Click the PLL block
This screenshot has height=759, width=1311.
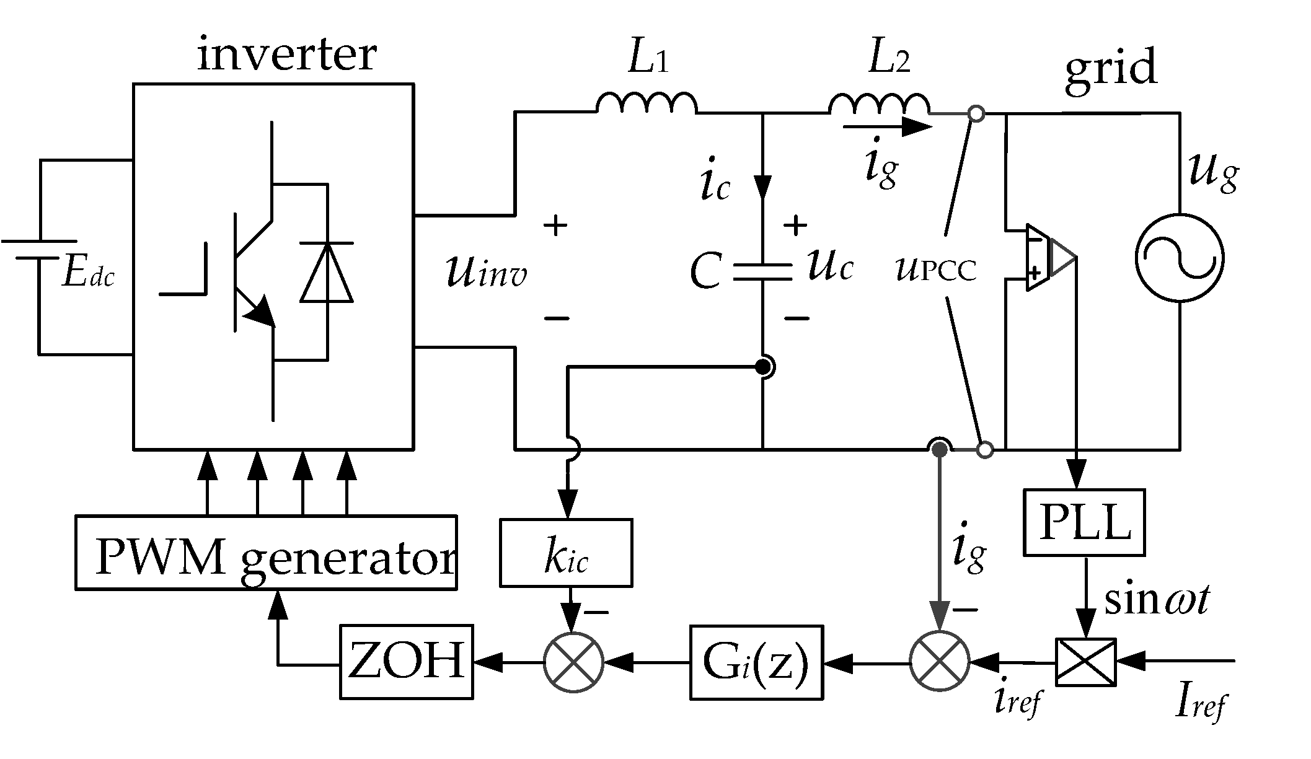coord(1084,522)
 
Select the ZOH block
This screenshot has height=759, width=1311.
coord(406,662)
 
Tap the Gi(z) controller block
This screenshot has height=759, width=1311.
coord(757,662)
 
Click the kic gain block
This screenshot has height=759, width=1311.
coord(566,553)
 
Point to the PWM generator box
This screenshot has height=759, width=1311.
coord(266,551)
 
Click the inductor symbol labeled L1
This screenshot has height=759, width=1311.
coord(647,103)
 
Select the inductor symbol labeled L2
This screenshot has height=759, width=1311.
coord(879,103)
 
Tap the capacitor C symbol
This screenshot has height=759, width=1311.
coord(762,273)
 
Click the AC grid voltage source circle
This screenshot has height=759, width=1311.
coord(1180,258)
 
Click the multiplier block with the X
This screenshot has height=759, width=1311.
coord(1085,662)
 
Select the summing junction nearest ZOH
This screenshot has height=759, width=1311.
coord(573,662)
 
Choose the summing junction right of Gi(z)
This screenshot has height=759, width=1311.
coord(939,662)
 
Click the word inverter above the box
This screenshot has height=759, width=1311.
coord(286,55)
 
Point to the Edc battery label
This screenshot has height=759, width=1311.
coord(88,274)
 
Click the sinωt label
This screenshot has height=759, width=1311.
coord(1157,600)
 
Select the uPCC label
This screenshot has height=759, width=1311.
coord(936,269)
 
